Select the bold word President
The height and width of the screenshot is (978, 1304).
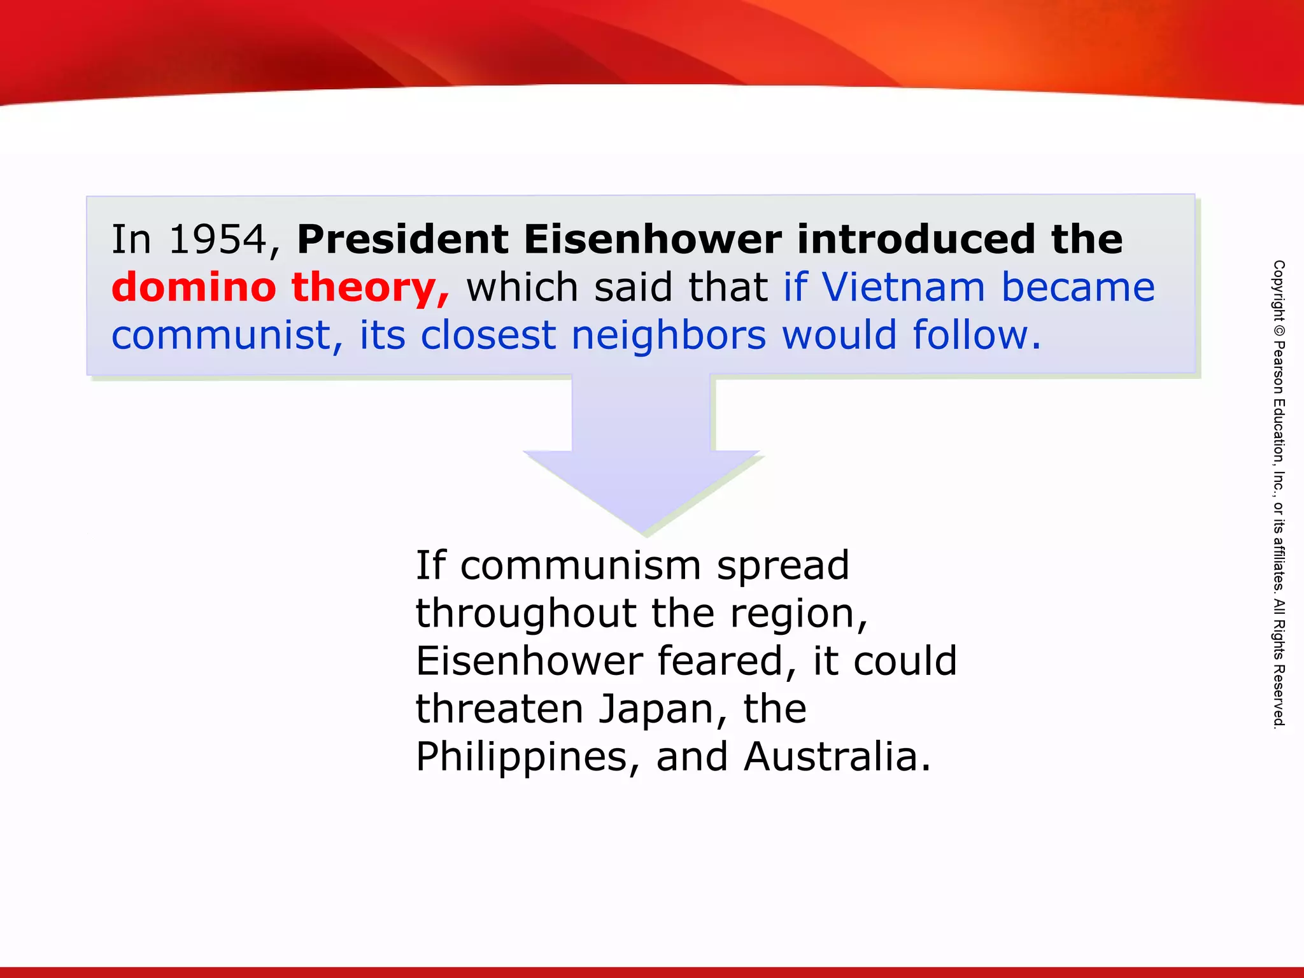pyautogui.click(x=402, y=240)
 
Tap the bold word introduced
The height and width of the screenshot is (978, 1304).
pyautogui.click(x=916, y=240)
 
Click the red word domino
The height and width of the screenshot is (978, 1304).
pyautogui.click(x=194, y=288)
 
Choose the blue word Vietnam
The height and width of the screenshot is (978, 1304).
pyautogui.click(x=904, y=288)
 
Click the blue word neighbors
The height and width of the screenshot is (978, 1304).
pyautogui.click(x=669, y=336)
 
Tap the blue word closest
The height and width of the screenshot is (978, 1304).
pyautogui.click(x=488, y=336)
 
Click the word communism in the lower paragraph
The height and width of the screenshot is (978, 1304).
pyautogui.click(x=581, y=565)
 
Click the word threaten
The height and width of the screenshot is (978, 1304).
pyautogui.click(x=499, y=709)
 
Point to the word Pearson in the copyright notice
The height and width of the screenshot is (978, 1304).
pyautogui.click(x=1279, y=369)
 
